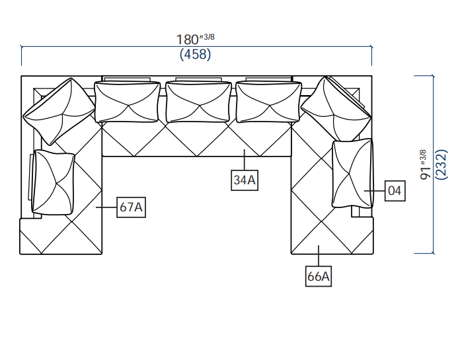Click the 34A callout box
point(245,180)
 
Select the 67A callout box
point(131,207)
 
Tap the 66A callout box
point(319,276)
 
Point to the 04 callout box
point(395,192)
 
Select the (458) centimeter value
point(196,55)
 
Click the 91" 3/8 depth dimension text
point(425,164)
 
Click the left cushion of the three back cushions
point(128,102)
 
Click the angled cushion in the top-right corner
point(336,109)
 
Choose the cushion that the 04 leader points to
point(352,174)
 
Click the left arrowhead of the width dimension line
point(23,47)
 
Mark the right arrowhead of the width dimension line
point(369,47)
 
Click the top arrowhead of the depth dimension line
point(434,77)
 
